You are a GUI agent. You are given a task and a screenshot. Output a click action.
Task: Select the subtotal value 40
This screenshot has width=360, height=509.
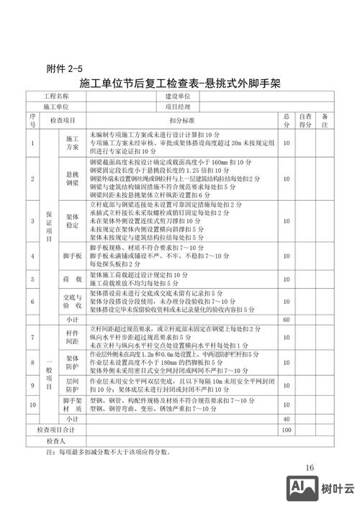coord(286,418)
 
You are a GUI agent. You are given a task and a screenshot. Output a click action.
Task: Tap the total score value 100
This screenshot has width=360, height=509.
coord(286,429)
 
